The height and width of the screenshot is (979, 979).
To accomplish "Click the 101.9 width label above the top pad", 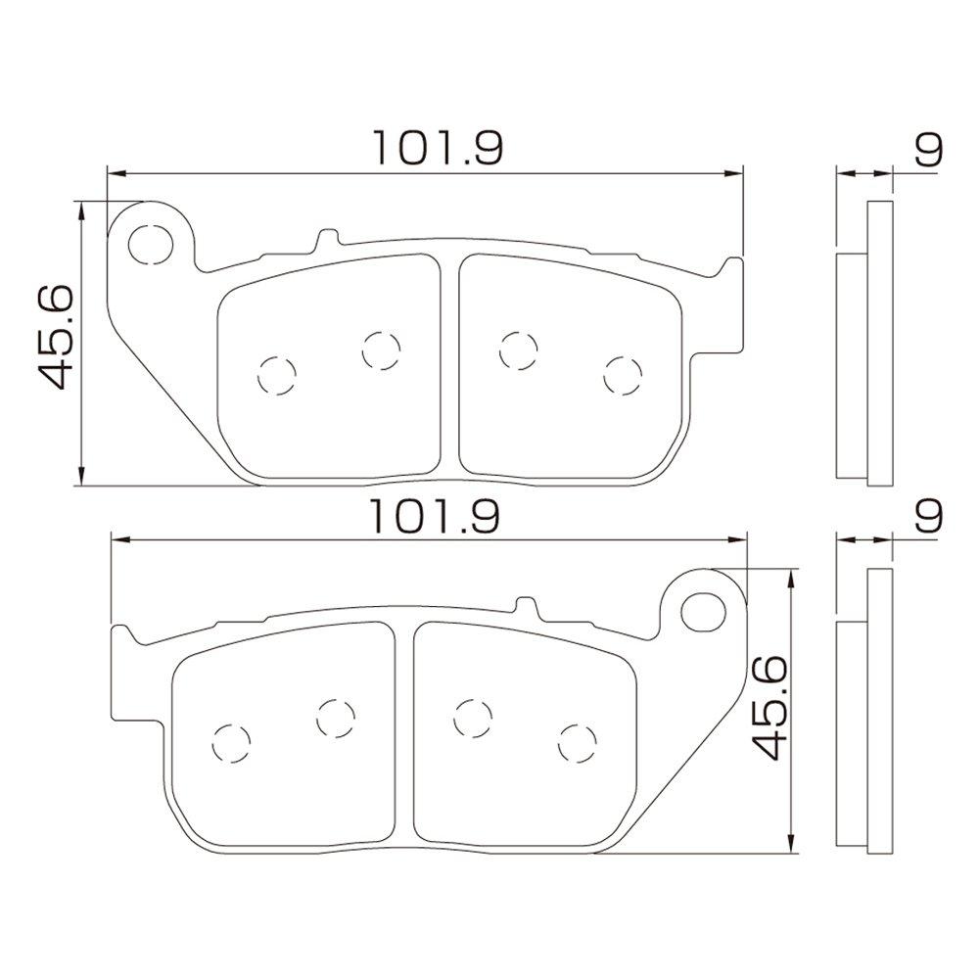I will point(437,148).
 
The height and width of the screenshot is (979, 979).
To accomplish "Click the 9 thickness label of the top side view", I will point(928,150).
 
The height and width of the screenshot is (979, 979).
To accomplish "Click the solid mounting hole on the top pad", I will point(149,242).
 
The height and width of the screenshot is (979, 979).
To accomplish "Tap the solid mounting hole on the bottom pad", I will point(700,611).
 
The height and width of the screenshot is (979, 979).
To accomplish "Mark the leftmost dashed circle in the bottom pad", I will point(232,742).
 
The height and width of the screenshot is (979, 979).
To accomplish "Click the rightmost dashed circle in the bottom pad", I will point(578,742).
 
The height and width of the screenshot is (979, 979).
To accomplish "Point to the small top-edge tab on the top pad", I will point(327,238).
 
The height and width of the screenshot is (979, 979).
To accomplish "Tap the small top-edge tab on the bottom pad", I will point(528,606).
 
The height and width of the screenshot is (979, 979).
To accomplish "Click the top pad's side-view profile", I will point(866,343).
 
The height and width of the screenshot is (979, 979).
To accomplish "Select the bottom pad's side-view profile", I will point(866,710).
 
